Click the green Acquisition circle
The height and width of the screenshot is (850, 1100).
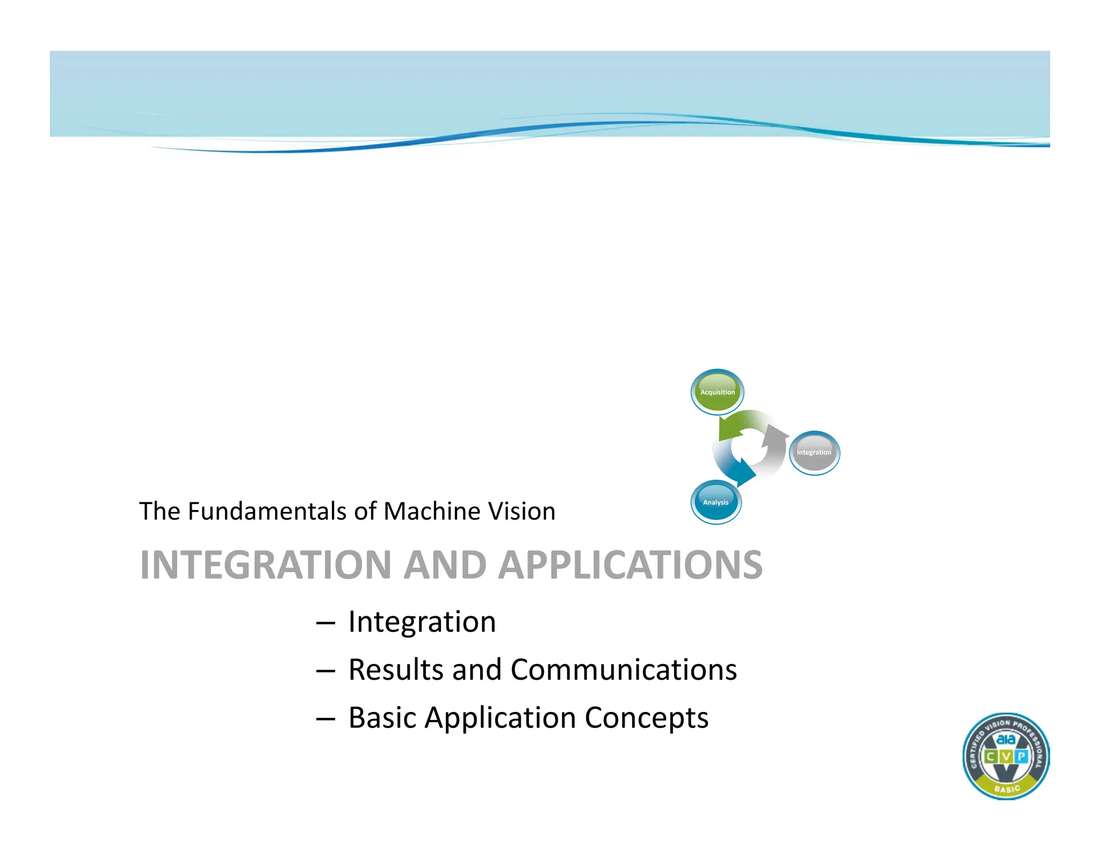tap(717, 392)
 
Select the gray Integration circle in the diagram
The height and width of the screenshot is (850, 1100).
tap(814, 452)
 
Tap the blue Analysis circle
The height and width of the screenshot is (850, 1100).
tap(715, 502)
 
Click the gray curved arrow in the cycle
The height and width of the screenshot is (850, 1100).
tap(774, 449)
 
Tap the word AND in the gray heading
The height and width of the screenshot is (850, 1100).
tap(445, 565)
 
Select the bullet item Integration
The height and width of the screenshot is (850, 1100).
tap(422, 622)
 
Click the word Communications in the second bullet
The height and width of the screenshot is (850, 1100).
tap(623, 670)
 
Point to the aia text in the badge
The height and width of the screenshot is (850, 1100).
tap(1006, 740)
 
